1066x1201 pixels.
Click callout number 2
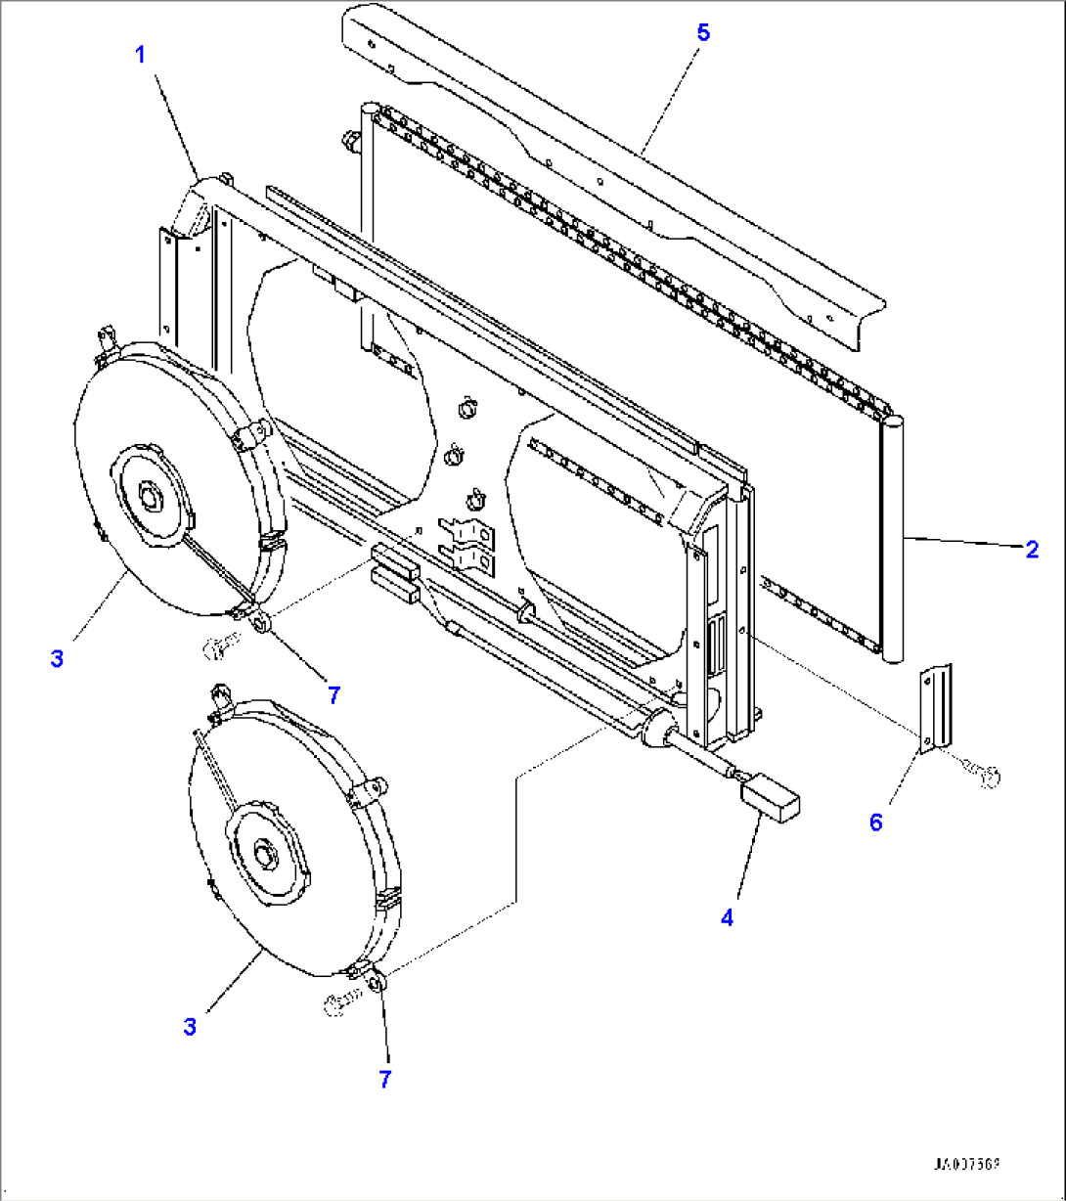pyautogui.click(x=1032, y=550)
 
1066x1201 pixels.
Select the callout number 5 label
pyautogui.click(x=703, y=32)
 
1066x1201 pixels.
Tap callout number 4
pyautogui.click(x=727, y=917)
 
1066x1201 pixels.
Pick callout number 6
pyautogui.click(x=875, y=823)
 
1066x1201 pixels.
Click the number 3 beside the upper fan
pyautogui.click(x=57, y=659)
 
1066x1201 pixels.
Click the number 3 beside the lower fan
pyautogui.click(x=190, y=1027)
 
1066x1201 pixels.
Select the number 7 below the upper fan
pyautogui.click(x=333, y=695)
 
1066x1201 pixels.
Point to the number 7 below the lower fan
pyautogui.click(x=384, y=1079)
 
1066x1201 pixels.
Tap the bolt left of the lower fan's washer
pyautogui.click(x=336, y=1000)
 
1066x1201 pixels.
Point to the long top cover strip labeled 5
pyautogui.click(x=606, y=166)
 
